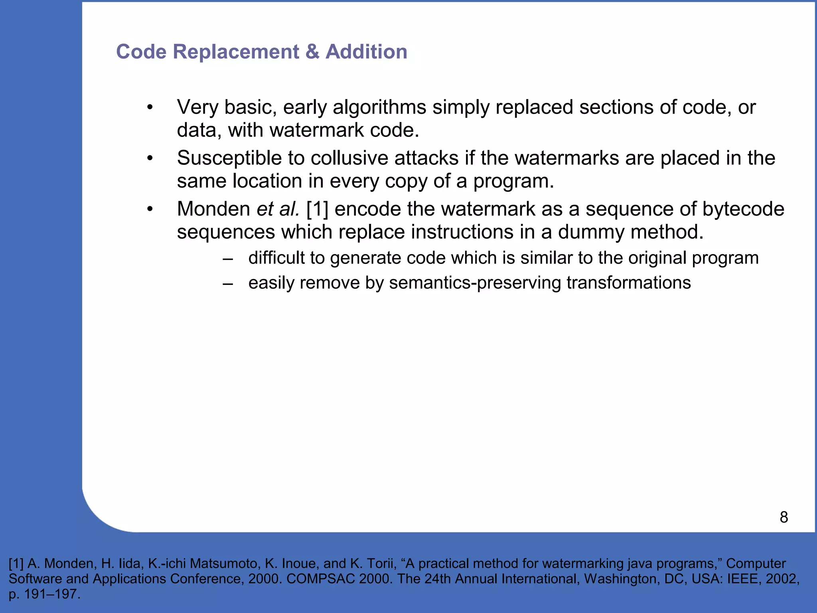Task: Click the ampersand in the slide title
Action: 312,52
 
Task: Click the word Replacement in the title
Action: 235,52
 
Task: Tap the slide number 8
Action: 783,517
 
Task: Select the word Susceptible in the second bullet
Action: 229,158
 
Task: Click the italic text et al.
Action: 278,209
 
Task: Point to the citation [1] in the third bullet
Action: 317,209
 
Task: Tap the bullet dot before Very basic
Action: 150,107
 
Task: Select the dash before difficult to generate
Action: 228,258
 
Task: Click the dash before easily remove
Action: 228,283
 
